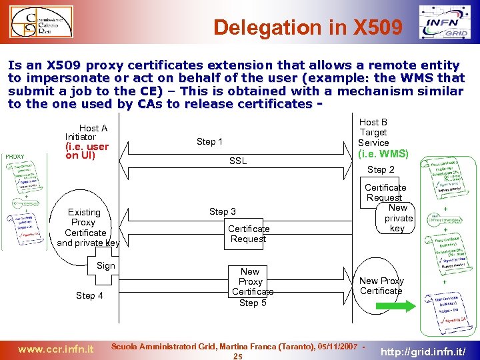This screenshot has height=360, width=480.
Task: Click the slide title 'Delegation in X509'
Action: coord(308,27)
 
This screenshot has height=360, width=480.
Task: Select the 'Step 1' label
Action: coord(209,141)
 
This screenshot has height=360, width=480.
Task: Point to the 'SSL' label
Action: coord(237,161)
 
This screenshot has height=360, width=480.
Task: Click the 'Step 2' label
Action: coord(381,170)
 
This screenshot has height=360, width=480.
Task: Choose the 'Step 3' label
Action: coord(223,211)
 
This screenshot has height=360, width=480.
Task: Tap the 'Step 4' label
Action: coord(89,295)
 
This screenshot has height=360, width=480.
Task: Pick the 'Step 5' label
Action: coord(253,303)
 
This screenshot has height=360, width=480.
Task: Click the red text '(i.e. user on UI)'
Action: coord(87,151)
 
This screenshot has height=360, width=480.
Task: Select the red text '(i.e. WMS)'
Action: coord(383,153)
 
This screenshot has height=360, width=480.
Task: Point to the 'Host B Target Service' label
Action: coord(373,132)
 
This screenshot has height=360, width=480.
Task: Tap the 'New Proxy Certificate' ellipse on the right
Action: coord(381,286)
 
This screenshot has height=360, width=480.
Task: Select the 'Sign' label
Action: coord(106,265)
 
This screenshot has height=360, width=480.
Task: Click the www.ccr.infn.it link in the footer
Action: coord(55,348)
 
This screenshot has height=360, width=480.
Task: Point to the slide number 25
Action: coord(237,357)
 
